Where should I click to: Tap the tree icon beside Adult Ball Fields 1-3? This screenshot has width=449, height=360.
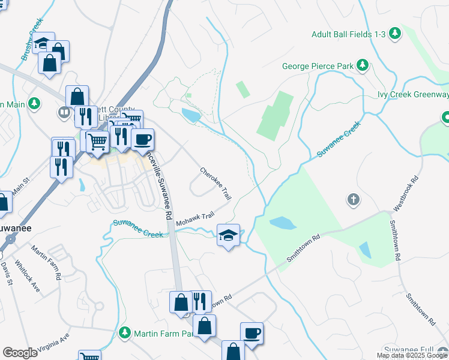pyautogui.click(x=395, y=34)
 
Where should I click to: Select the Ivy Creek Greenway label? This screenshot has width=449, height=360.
pyautogui.click(x=413, y=95)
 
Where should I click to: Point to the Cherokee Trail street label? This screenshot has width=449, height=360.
pyautogui.click(x=215, y=184)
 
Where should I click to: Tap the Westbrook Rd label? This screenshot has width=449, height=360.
pyautogui.click(x=405, y=193)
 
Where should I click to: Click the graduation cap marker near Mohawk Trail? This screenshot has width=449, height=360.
pyautogui.click(x=228, y=235)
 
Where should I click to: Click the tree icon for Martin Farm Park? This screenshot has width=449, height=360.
pyautogui.click(x=125, y=332)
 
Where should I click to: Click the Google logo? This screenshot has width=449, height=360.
pyautogui.click(x=20, y=353)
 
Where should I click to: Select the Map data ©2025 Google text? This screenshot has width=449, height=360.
pyautogui.click(x=412, y=355)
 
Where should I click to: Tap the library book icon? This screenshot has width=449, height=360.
pyautogui.click(x=64, y=112)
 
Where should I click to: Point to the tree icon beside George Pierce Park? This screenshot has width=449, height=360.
pyautogui.click(x=362, y=65)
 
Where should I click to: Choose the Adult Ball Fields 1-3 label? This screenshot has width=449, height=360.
pyautogui.click(x=348, y=34)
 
